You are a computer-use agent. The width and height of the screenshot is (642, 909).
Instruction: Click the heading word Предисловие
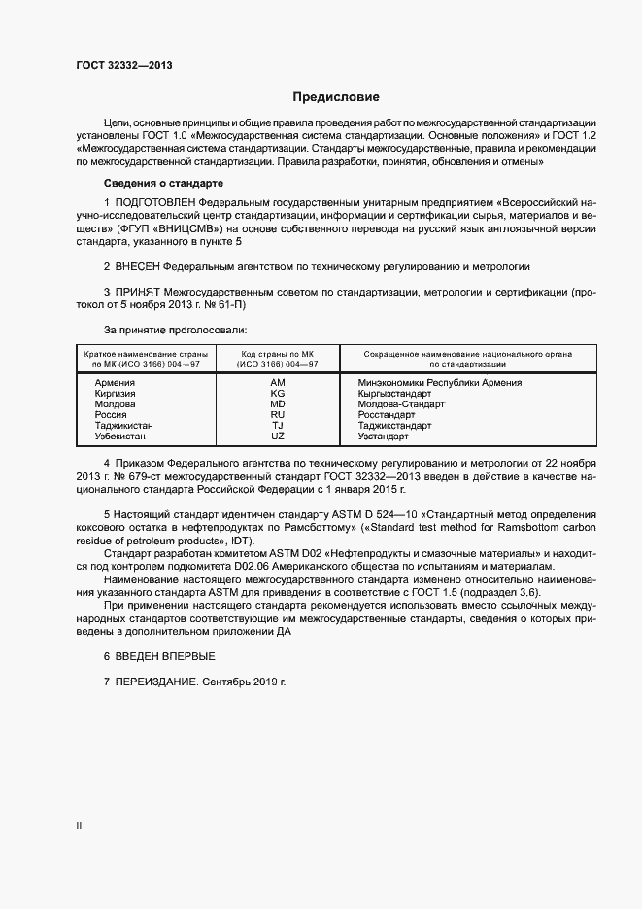[336, 98]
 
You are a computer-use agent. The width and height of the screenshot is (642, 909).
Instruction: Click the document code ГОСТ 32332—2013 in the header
[124, 66]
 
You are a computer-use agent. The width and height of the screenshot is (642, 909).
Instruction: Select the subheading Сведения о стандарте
[164, 184]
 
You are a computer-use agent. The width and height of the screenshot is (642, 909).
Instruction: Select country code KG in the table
[278, 394]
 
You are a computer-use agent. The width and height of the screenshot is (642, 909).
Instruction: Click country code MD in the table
[278, 404]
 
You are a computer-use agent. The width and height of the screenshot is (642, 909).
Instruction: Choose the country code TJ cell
[278, 426]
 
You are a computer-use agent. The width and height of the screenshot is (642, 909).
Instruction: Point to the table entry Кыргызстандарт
[394, 394]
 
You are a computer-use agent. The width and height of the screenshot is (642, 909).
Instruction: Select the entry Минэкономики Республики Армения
[440, 383]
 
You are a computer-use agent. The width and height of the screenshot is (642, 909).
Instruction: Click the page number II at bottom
[80, 826]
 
